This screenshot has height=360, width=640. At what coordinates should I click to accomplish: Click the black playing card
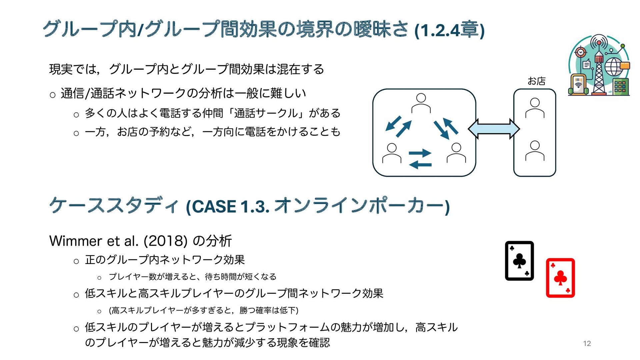[x=519, y=261]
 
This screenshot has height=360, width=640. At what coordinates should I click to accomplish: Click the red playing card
[x=560, y=278]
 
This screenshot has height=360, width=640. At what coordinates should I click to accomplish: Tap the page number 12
[x=587, y=343]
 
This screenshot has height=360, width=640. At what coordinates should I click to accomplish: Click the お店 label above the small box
[x=536, y=81]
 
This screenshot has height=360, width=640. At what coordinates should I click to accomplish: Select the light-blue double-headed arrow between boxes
[x=494, y=129]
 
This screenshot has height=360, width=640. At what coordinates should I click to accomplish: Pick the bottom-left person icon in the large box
[x=392, y=153]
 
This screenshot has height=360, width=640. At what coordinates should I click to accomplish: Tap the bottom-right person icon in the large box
[x=456, y=153]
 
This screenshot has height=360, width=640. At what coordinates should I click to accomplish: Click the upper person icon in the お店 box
[x=535, y=108]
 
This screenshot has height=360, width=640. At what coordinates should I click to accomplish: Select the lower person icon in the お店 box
[x=535, y=151]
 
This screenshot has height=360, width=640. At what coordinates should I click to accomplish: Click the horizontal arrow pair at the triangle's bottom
[x=420, y=159]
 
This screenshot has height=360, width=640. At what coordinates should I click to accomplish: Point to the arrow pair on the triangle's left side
[x=398, y=126]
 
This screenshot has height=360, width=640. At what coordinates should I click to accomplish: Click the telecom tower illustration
[x=599, y=65]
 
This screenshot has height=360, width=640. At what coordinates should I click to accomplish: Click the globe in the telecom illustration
[x=613, y=67]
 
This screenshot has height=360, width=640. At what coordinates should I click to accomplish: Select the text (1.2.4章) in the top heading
[x=449, y=30]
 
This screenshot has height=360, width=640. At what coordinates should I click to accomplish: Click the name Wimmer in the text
[x=76, y=241]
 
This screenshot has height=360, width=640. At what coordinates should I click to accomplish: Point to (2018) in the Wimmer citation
[x=166, y=241]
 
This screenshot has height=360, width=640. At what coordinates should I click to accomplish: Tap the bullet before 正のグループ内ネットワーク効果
[x=76, y=261]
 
